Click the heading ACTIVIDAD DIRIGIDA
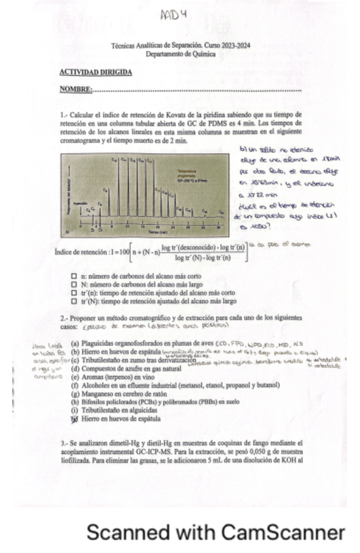[95, 72]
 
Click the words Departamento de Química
[180, 54]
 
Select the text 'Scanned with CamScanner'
[216, 532]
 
